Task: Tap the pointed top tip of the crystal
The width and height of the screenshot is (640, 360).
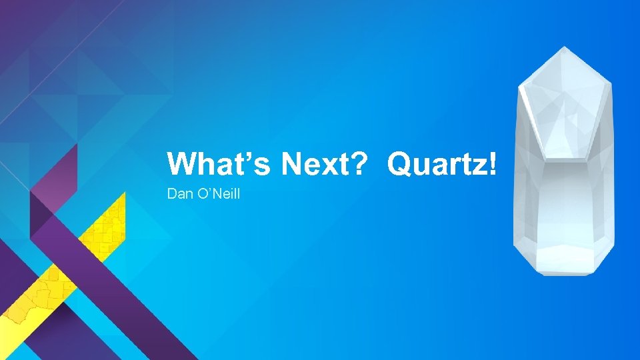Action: click(564, 48)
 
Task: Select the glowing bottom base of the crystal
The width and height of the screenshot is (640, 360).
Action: click(563, 257)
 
